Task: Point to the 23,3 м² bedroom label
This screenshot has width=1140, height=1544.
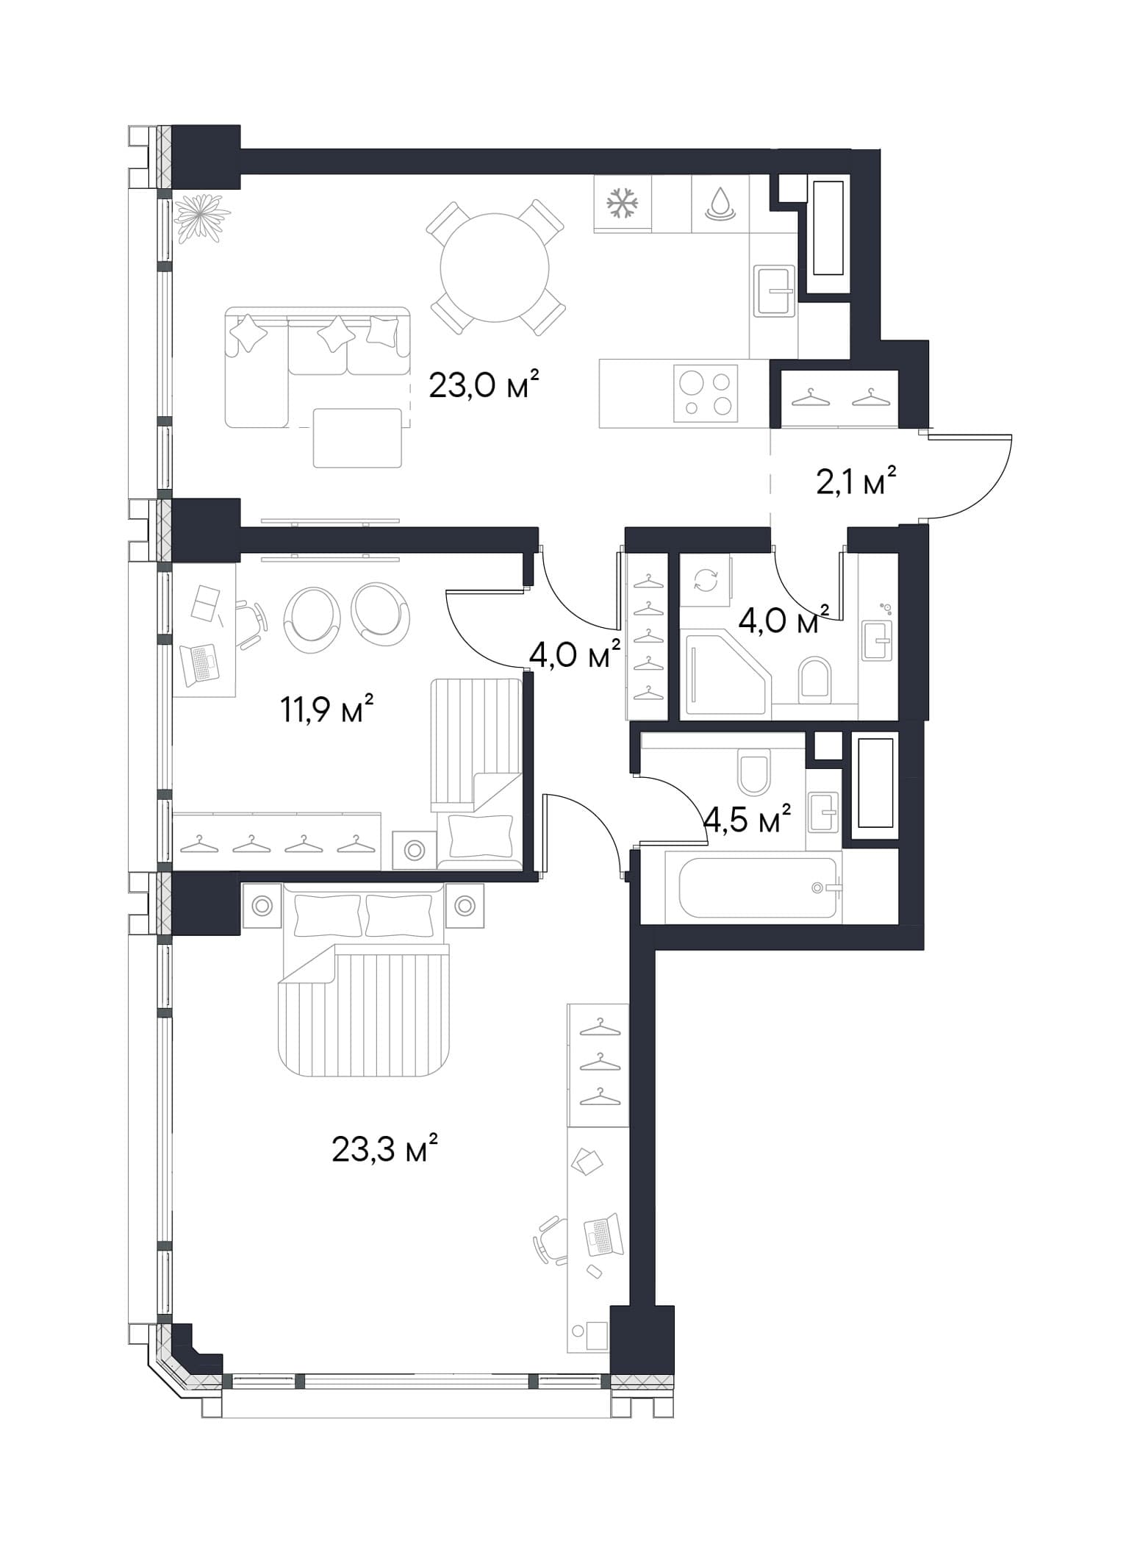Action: (x=385, y=1148)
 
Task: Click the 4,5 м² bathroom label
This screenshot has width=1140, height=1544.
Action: (x=747, y=818)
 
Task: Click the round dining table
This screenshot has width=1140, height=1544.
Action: (x=495, y=268)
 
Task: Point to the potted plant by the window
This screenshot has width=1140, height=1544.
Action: (x=201, y=215)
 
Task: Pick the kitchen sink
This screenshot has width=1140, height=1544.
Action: (x=775, y=290)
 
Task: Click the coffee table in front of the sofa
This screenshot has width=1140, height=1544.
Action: (x=357, y=437)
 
